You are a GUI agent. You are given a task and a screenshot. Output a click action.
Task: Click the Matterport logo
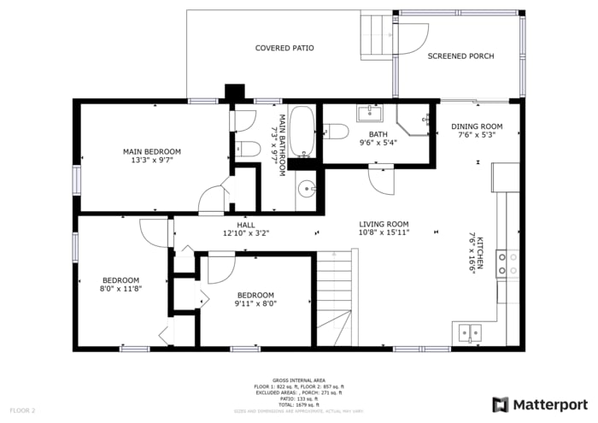point(539,403)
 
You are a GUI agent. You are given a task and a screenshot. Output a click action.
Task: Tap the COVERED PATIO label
point(284,48)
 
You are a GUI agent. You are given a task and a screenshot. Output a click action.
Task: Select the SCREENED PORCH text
point(460,56)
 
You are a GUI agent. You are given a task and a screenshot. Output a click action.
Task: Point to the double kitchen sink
point(469,332)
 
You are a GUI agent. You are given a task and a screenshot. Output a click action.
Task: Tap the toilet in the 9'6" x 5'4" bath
point(336,132)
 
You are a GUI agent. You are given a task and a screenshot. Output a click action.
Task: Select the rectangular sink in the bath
point(369,114)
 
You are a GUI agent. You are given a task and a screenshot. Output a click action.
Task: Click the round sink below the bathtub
point(307,190)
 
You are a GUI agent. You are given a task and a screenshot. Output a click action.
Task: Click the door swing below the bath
point(381,180)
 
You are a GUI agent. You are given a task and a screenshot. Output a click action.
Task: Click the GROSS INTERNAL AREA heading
point(298,380)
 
